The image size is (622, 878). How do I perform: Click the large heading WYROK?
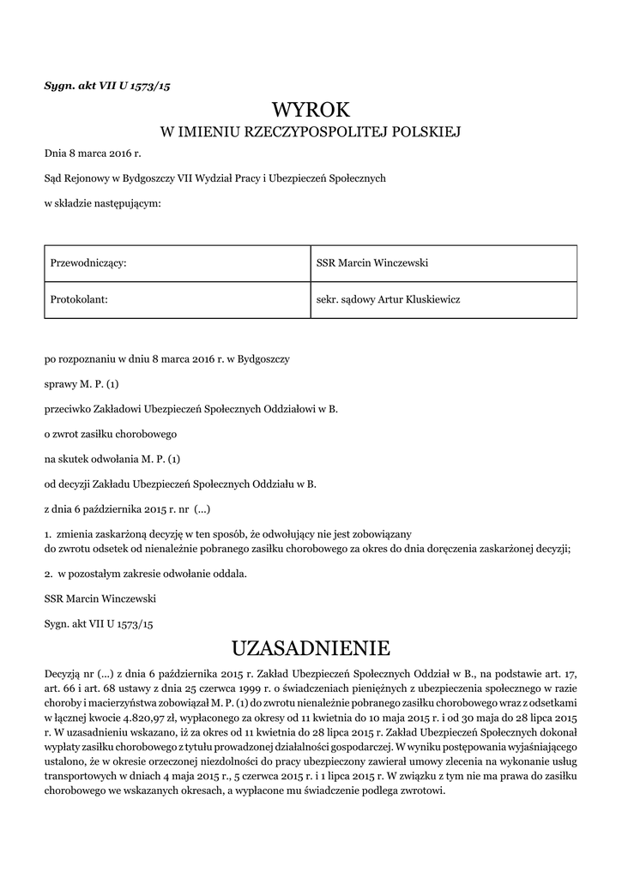311,110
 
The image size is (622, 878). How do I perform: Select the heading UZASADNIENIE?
311,646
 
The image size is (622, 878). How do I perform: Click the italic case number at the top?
112,85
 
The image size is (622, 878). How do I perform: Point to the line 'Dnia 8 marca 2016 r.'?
92,154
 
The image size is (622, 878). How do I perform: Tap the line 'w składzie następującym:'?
102,203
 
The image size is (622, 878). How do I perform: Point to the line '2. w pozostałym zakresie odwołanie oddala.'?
145,573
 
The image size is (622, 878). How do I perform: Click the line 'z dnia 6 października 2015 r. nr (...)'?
127,508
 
